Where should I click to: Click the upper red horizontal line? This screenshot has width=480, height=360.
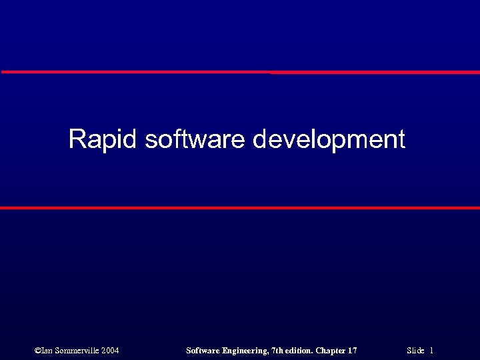[x=240, y=72]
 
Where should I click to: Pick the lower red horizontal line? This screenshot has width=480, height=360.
[x=240, y=208]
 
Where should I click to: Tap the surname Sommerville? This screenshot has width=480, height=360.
[x=76, y=350]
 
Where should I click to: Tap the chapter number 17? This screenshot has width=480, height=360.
[x=353, y=350]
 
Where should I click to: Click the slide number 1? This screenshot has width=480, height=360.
[x=431, y=350]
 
